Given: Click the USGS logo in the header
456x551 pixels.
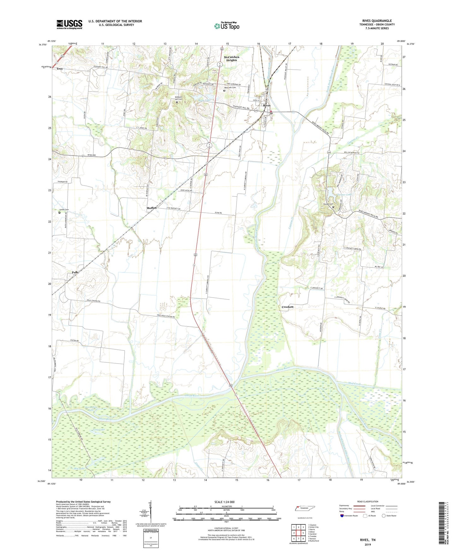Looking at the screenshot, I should click(x=69, y=24).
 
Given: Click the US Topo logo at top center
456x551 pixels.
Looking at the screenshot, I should click(x=227, y=26).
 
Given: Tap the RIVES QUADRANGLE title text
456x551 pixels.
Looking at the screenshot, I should click(x=377, y=21).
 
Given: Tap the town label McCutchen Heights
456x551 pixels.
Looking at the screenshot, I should click(x=231, y=59).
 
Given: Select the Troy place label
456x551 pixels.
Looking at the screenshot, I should click(x=60, y=68).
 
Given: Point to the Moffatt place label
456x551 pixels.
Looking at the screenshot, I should click(x=151, y=208).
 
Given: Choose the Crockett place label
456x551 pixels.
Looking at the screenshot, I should click(x=287, y=307).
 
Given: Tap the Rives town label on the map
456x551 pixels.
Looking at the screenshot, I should click(x=267, y=105).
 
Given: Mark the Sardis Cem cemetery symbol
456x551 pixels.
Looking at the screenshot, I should click(x=59, y=213).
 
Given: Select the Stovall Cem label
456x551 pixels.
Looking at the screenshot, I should click(x=328, y=204).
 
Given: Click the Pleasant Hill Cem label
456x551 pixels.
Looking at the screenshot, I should click(x=178, y=98).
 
